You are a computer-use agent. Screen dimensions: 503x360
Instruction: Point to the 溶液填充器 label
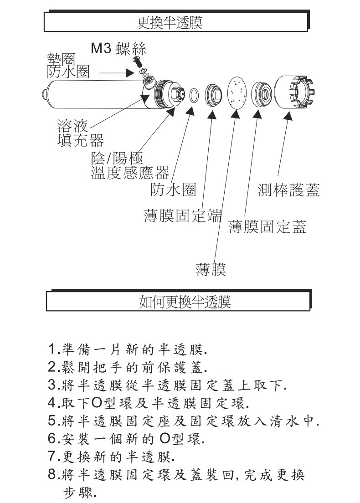tap(80, 133)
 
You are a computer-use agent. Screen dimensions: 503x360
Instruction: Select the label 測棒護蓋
tap(288, 190)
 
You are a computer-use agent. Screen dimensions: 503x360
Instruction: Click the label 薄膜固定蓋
tap(267, 226)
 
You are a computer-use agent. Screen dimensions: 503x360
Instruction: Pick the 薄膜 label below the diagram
tap(211, 269)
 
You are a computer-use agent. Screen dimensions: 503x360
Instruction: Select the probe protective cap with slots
tap(294, 92)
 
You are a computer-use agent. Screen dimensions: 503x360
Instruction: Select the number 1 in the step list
tap(51, 351)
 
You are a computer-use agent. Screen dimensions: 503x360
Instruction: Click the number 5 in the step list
tap(51, 420)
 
